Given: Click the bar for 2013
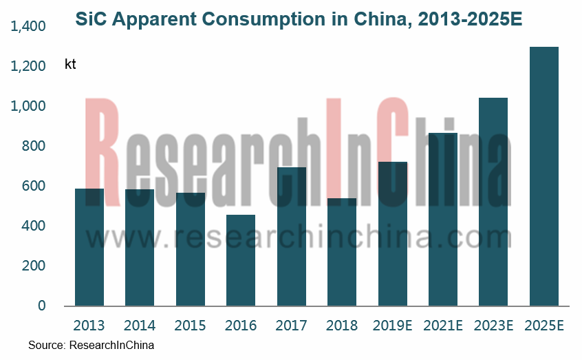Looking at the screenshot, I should (x=89, y=248).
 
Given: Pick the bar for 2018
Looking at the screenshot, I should (x=342, y=252).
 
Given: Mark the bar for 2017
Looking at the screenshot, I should (x=292, y=237).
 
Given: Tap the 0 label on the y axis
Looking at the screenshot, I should (x=41, y=306).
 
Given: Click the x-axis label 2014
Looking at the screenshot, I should (x=140, y=325).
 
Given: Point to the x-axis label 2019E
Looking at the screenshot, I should (x=392, y=325).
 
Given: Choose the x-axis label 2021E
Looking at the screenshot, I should (x=443, y=325).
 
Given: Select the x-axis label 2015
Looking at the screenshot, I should (x=191, y=325).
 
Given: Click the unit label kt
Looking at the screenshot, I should (x=70, y=65).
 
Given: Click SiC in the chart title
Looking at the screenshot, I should (x=90, y=20).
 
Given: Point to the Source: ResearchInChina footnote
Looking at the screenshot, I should (x=91, y=345).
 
